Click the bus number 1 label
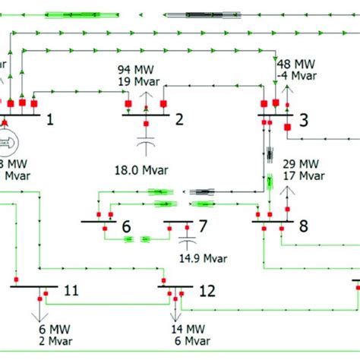point(52,119)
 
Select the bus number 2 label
point(180,119)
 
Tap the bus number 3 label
point(303,119)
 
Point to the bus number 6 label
point(126,226)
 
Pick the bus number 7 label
point(202,226)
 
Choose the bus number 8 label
point(304,226)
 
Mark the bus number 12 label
point(207,290)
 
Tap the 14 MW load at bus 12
point(185,329)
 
